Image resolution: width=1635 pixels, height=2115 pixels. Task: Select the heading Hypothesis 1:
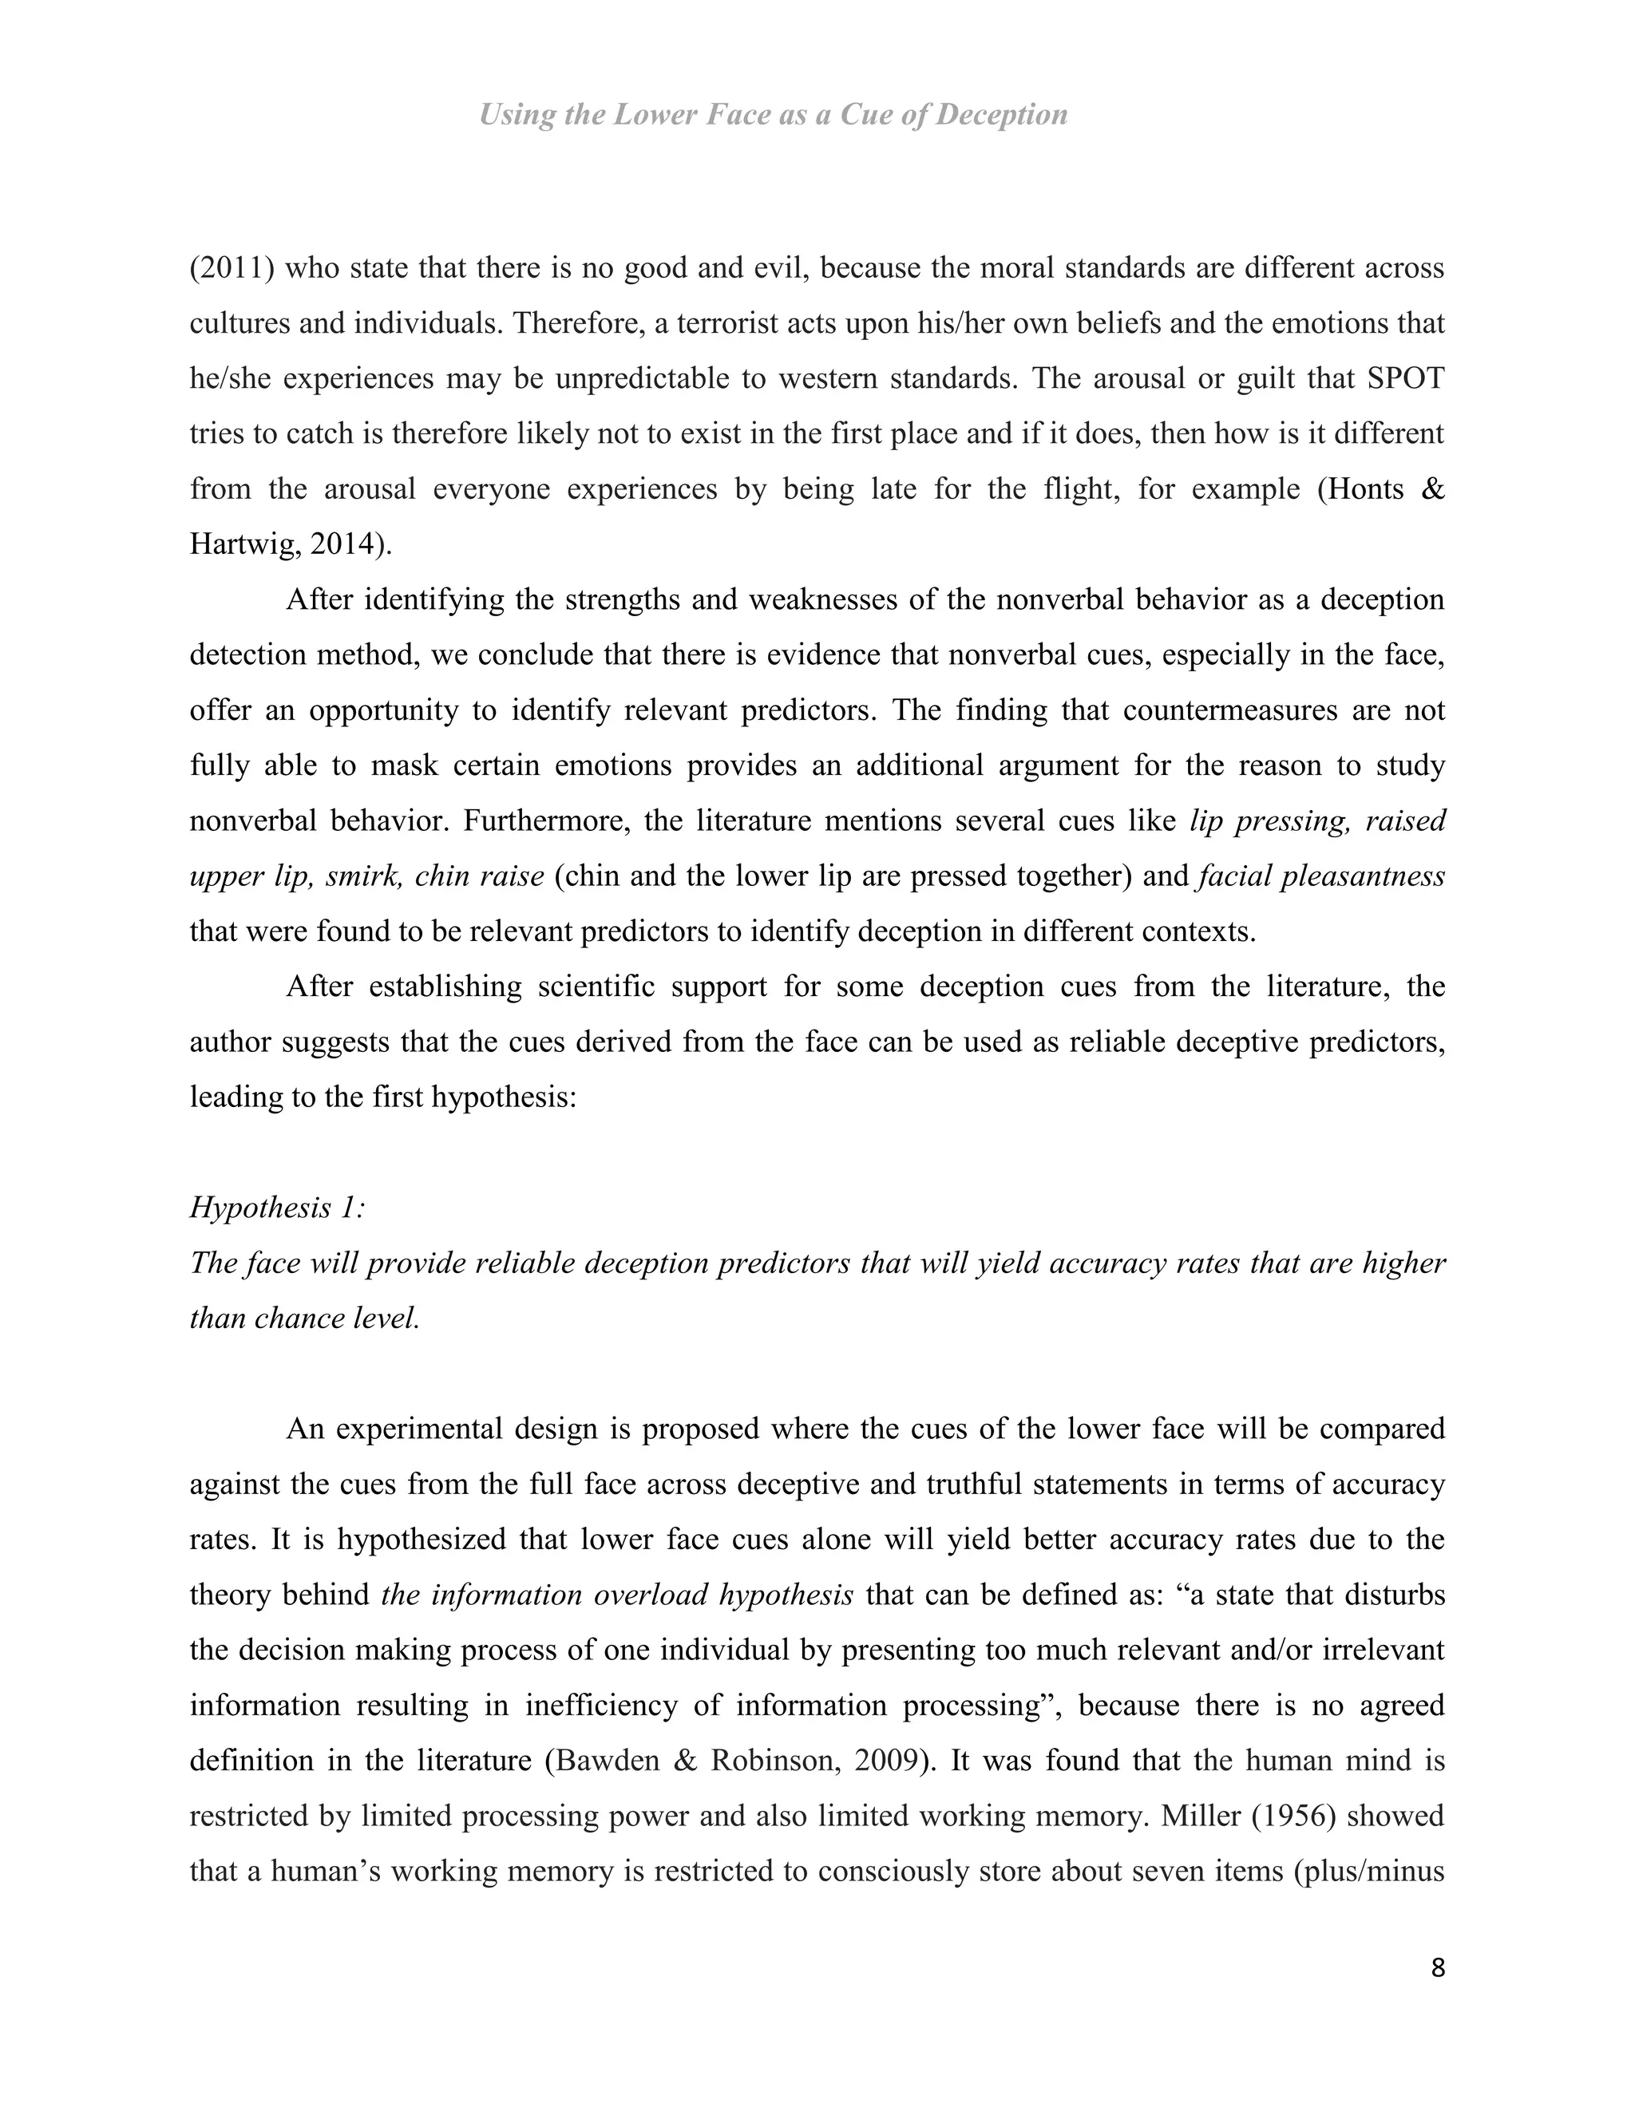click(277, 1208)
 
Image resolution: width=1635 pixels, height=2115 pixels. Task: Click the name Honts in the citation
click(1367, 489)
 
